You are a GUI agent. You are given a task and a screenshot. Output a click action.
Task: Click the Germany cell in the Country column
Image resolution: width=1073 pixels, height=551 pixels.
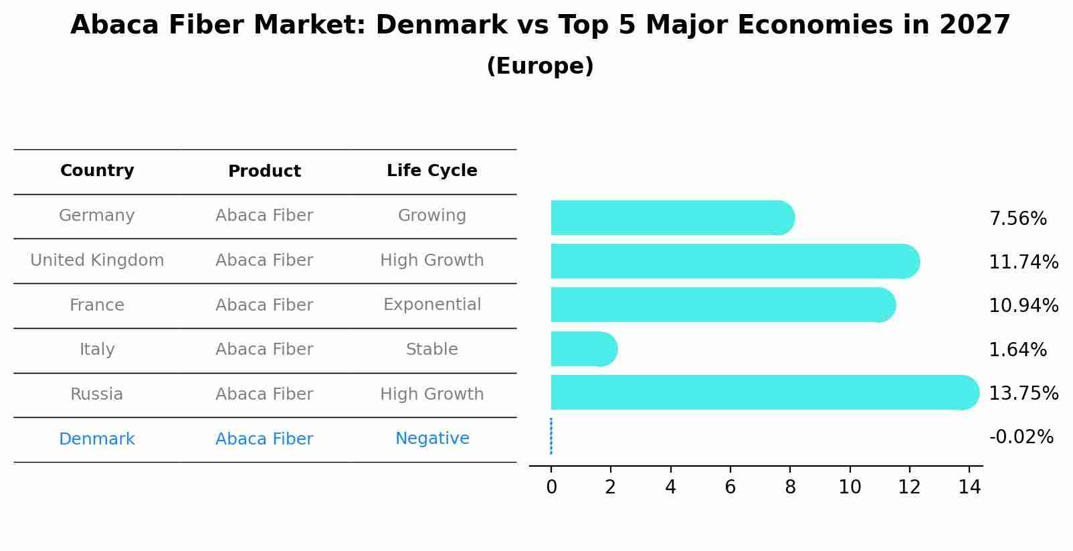(97, 216)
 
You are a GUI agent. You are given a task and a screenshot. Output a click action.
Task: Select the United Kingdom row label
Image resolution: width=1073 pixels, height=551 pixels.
(97, 260)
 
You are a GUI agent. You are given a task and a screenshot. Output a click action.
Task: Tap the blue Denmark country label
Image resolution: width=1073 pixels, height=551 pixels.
(97, 439)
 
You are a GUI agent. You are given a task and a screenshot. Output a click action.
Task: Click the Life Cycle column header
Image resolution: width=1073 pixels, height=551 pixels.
(431, 171)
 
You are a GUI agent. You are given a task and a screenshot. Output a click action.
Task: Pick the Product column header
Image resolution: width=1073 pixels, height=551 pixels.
(264, 171)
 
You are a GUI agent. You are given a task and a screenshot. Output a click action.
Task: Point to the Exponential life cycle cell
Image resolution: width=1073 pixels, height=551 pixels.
(431, 305)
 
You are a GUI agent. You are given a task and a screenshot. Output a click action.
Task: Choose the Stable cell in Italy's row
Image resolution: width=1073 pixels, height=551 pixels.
(431, 349)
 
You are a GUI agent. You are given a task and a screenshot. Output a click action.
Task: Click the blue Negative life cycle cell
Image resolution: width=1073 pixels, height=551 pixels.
(431, 439)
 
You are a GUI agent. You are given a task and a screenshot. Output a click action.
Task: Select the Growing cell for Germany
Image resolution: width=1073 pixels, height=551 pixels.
(431, 216)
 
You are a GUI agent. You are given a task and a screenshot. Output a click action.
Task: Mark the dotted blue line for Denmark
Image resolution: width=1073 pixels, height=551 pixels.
(551, 436)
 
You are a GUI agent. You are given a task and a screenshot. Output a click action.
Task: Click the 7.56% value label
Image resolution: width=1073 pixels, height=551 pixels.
(1017, 219)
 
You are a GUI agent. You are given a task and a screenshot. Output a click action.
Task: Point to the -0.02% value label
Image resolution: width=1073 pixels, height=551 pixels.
(1021, 437)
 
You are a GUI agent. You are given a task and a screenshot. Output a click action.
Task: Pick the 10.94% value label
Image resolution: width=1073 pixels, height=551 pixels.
(1023, 306)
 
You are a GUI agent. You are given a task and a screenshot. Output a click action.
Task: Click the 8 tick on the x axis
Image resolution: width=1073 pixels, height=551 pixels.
(790, 487)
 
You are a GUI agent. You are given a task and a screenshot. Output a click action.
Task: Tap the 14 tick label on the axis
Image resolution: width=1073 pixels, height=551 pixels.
(969, 487)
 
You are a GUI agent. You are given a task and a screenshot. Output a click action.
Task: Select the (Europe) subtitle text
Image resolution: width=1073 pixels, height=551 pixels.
(540, 66)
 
